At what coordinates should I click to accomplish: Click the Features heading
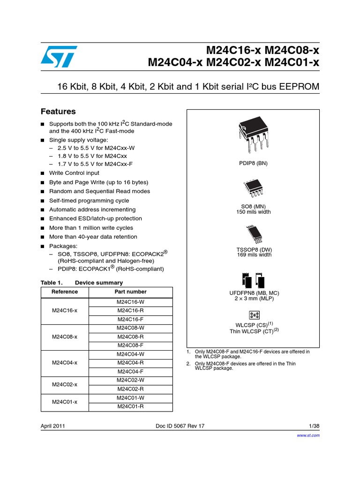point(58,112)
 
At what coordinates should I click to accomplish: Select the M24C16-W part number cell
point(130,302)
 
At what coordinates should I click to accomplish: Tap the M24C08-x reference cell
point(65,337)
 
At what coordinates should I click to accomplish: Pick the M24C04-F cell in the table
point(130,371)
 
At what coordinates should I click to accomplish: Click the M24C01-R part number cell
point(130,406)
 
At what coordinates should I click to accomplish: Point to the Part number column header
point(130,292)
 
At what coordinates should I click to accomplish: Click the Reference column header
point(65,292)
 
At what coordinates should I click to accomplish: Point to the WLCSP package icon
point(254,315)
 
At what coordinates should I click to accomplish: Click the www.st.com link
point(309,435)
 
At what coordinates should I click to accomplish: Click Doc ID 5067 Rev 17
point(180,426)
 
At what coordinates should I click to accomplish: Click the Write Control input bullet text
point(74,173)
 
